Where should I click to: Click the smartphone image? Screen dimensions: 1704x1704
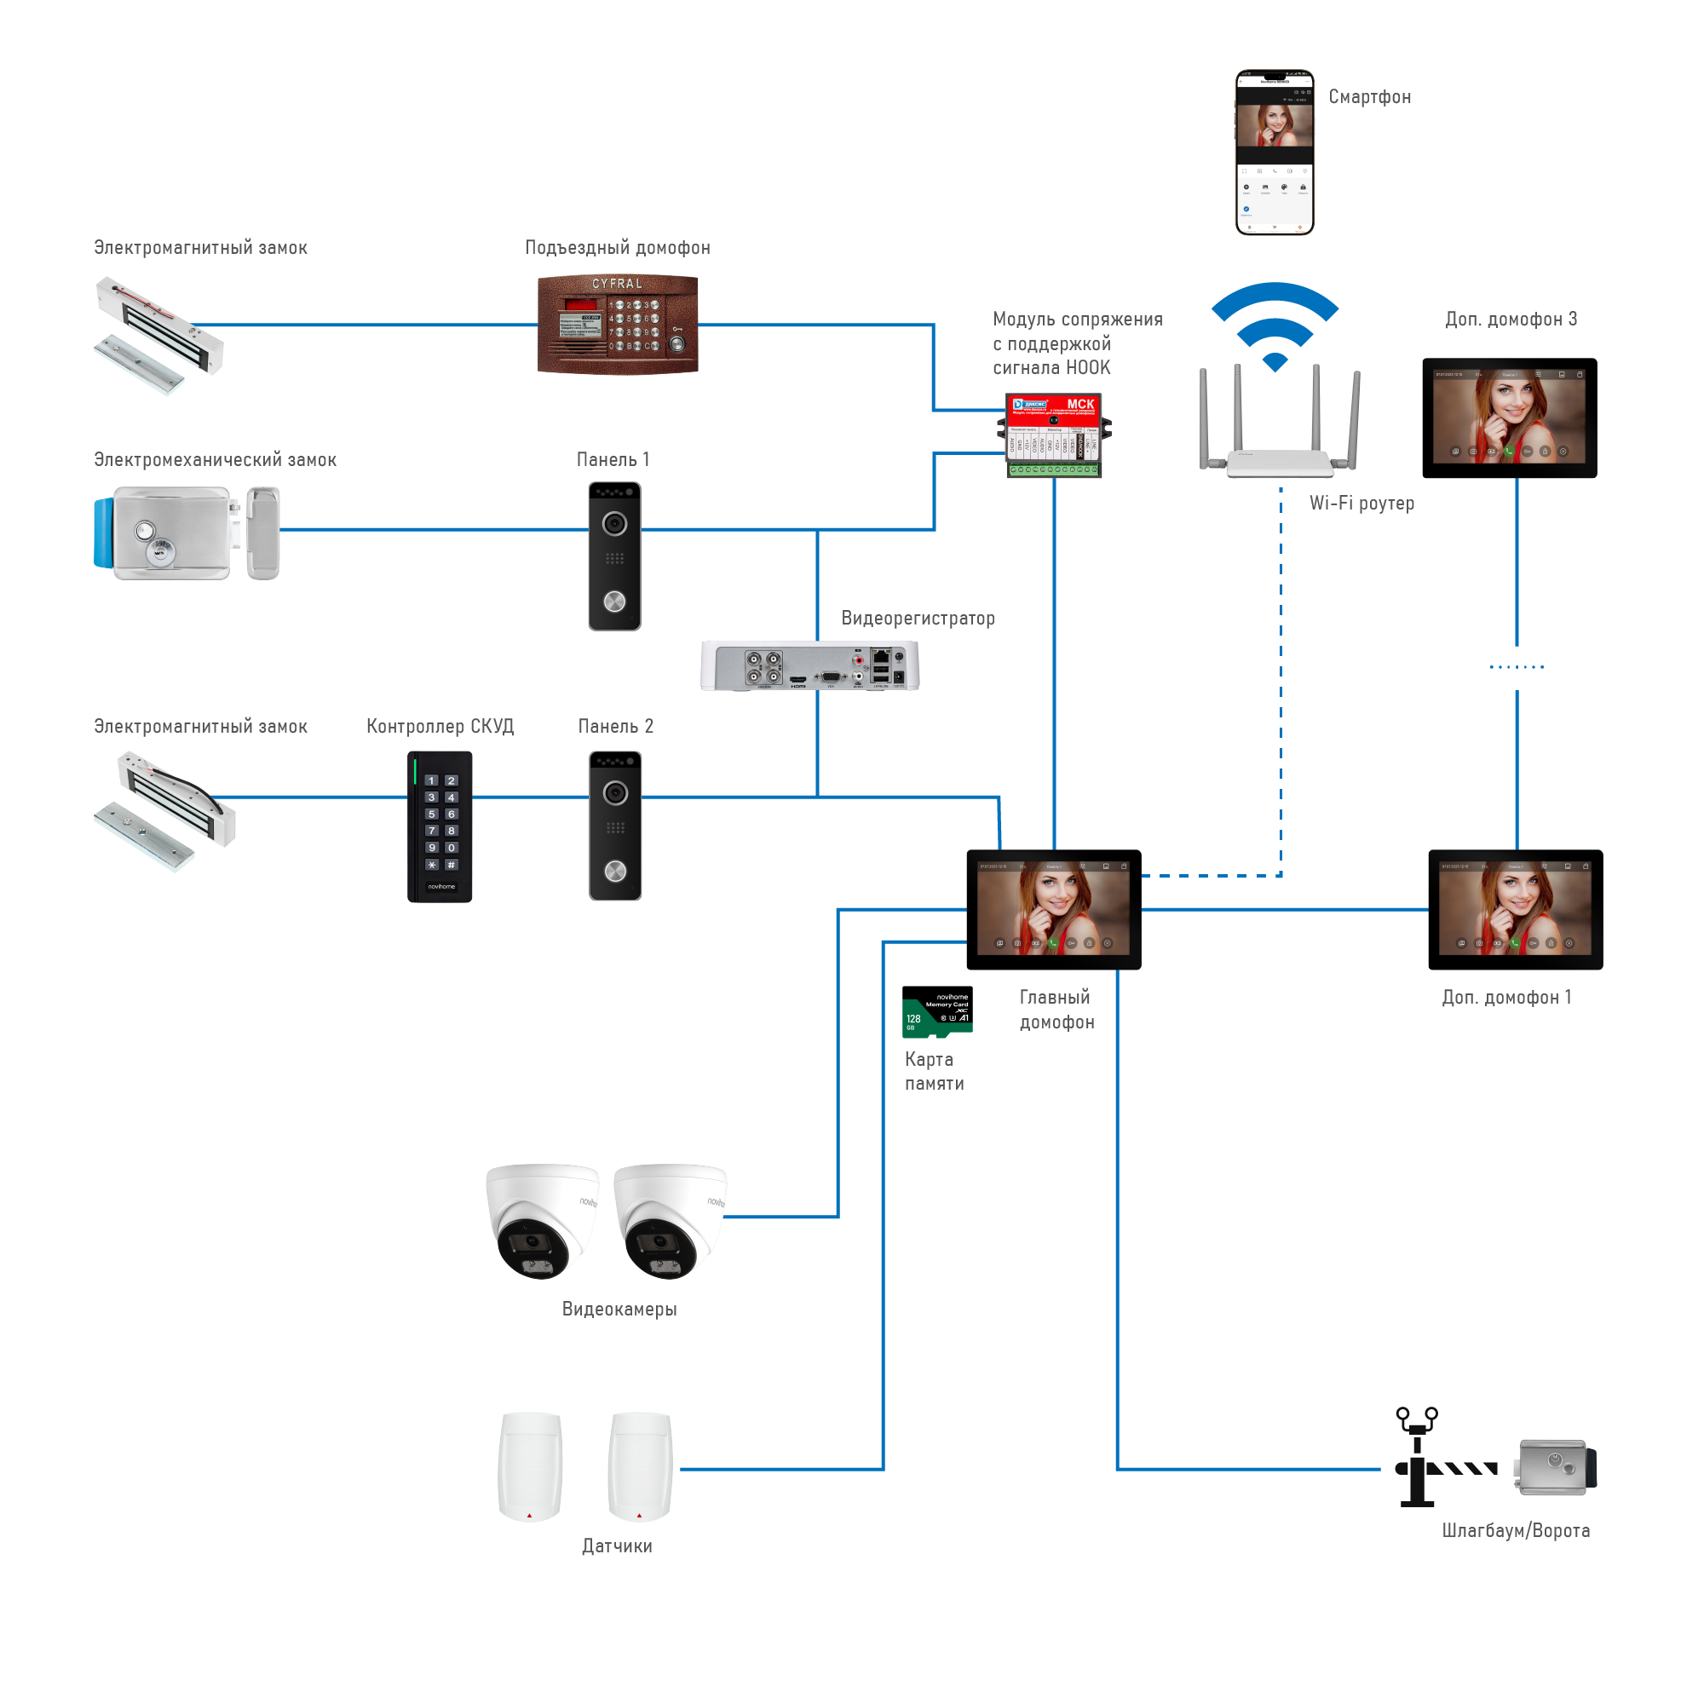tap(1274, 153)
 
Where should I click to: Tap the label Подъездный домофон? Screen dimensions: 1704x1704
tap(618, 248)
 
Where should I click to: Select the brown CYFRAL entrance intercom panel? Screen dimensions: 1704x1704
tap(618, 325)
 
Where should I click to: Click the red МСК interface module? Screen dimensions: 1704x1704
tap(1054, 435)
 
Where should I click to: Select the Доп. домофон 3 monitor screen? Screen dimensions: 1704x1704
tap(1509, 418)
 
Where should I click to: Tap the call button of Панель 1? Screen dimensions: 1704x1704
tap(615, 602)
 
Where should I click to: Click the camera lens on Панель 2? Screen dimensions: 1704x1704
tap(616, 793)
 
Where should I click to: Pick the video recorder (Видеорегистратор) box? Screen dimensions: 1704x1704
tap(809, 666)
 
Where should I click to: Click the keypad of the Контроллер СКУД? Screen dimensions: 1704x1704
tap(440, 823)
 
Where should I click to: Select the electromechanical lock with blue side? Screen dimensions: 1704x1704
tap(185, 532)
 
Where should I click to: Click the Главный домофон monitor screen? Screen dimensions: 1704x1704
tap(1053, 909)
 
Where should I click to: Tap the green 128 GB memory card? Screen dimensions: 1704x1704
tap(936, 1011)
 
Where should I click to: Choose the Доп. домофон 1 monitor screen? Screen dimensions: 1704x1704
tap(1515, 909)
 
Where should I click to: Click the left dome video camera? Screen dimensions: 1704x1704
tap(541, 1221)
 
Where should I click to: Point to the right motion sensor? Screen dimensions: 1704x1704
tap(641, 1468)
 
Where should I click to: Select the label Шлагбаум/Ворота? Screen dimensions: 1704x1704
tap(1515, 1530)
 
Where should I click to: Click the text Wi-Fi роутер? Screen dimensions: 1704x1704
tap(1361, 503)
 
